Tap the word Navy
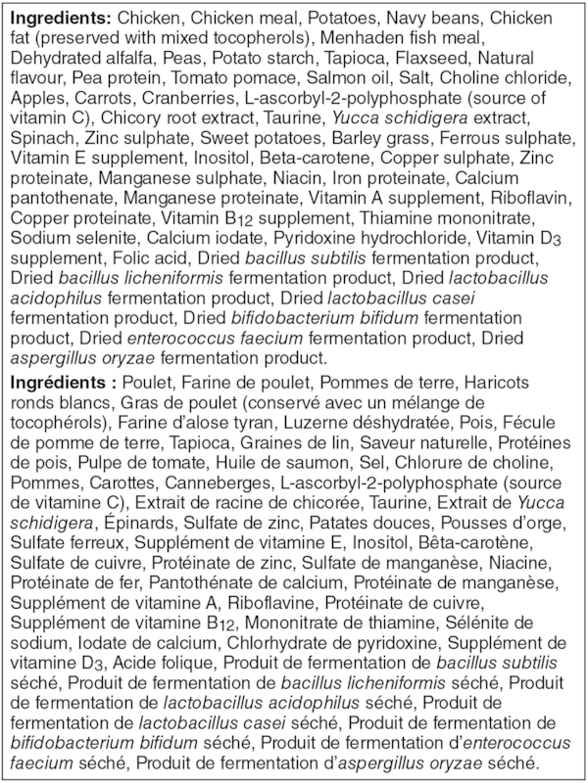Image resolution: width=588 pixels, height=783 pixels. pyautogui.click(x=412, y=18)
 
